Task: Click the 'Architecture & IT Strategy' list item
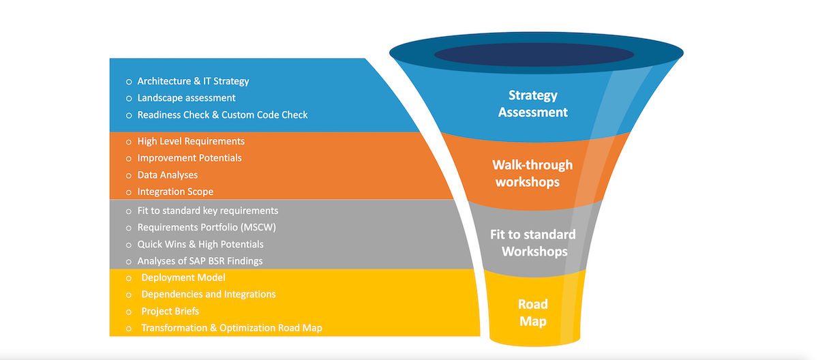(193, 81)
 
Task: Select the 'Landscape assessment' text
(186, 98)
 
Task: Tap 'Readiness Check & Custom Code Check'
(222, 115)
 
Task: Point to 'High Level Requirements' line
(191, 141)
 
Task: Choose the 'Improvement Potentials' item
(190, 158)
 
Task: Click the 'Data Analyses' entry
(167, 175)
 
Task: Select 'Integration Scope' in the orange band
(175, 192)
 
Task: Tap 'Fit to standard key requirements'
(207, 211)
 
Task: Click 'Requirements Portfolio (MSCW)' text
(206, 227)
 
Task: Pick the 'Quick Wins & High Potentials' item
(200, 244)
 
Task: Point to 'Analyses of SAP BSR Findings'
(200, 261)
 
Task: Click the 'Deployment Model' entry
(183, 277)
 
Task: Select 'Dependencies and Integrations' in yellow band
(208, 295)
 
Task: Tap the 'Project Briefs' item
(170, 312)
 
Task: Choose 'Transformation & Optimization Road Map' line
(231, 328)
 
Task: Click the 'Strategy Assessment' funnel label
(533, 104)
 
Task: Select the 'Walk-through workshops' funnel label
(532, 173)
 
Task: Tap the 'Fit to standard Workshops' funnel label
(533, 243)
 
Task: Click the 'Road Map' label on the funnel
(533, 312)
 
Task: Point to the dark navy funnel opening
(534, 55)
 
